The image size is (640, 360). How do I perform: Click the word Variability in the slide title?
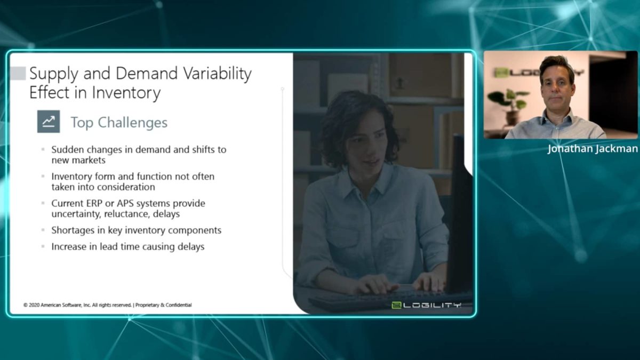click(217, 74)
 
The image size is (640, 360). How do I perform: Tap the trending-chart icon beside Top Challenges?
click(49, 122)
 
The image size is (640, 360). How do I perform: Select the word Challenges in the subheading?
click(133, 123)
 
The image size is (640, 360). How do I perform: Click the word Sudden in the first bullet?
click(67, 149)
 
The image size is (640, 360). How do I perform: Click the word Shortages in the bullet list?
click(73, 230)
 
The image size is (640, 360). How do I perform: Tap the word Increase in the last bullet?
click(69, 246)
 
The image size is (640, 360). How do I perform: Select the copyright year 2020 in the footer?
click(34, 305)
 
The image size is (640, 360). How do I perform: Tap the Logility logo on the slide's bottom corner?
click(426, 305)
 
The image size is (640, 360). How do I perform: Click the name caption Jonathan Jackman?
click(593, 149)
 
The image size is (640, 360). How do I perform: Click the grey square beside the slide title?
click(18, 73)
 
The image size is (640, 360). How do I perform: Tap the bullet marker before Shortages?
click(43, 230)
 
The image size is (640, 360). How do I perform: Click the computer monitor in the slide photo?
click(460, 214)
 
